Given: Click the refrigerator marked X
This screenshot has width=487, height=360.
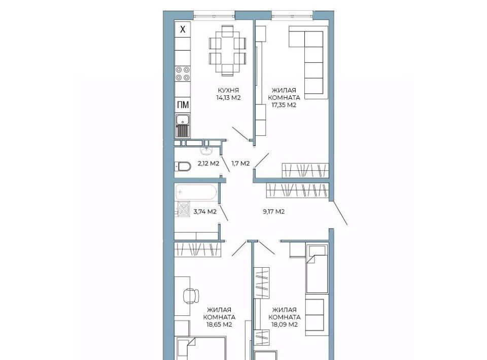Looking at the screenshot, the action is (x=183, y=29).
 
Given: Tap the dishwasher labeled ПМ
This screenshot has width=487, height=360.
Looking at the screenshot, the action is (x=183, y=105).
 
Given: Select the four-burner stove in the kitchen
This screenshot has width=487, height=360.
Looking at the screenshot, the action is (x=183, y=74).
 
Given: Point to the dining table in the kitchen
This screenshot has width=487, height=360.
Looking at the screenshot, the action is (x=228, y=51).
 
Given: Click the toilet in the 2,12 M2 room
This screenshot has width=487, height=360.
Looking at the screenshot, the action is (x=182, y=167).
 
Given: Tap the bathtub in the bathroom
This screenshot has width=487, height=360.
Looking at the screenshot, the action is (x=196, y=192).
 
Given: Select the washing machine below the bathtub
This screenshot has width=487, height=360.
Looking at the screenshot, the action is (x=183, y=208).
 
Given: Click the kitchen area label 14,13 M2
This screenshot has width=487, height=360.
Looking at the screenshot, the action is (x=229, y=97).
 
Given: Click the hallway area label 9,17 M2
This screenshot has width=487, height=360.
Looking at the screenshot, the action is (x=273, y=211).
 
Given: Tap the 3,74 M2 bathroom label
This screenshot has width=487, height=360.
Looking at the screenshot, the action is (x=205, y=211).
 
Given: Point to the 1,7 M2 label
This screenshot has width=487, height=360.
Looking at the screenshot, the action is (x=240, y=163).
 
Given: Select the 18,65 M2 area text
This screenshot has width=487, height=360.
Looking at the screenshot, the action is (x=219, y=325).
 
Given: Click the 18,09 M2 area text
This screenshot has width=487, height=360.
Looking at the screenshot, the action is (x=285, y=325).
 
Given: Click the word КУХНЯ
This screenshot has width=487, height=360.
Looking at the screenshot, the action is (x=228, y=90).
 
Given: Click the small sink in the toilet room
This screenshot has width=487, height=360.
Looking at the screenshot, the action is (x=206, y=151).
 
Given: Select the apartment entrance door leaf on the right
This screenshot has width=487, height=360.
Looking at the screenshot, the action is (x=340, y=213).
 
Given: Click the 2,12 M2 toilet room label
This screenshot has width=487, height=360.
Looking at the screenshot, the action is (x=208, y=163).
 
